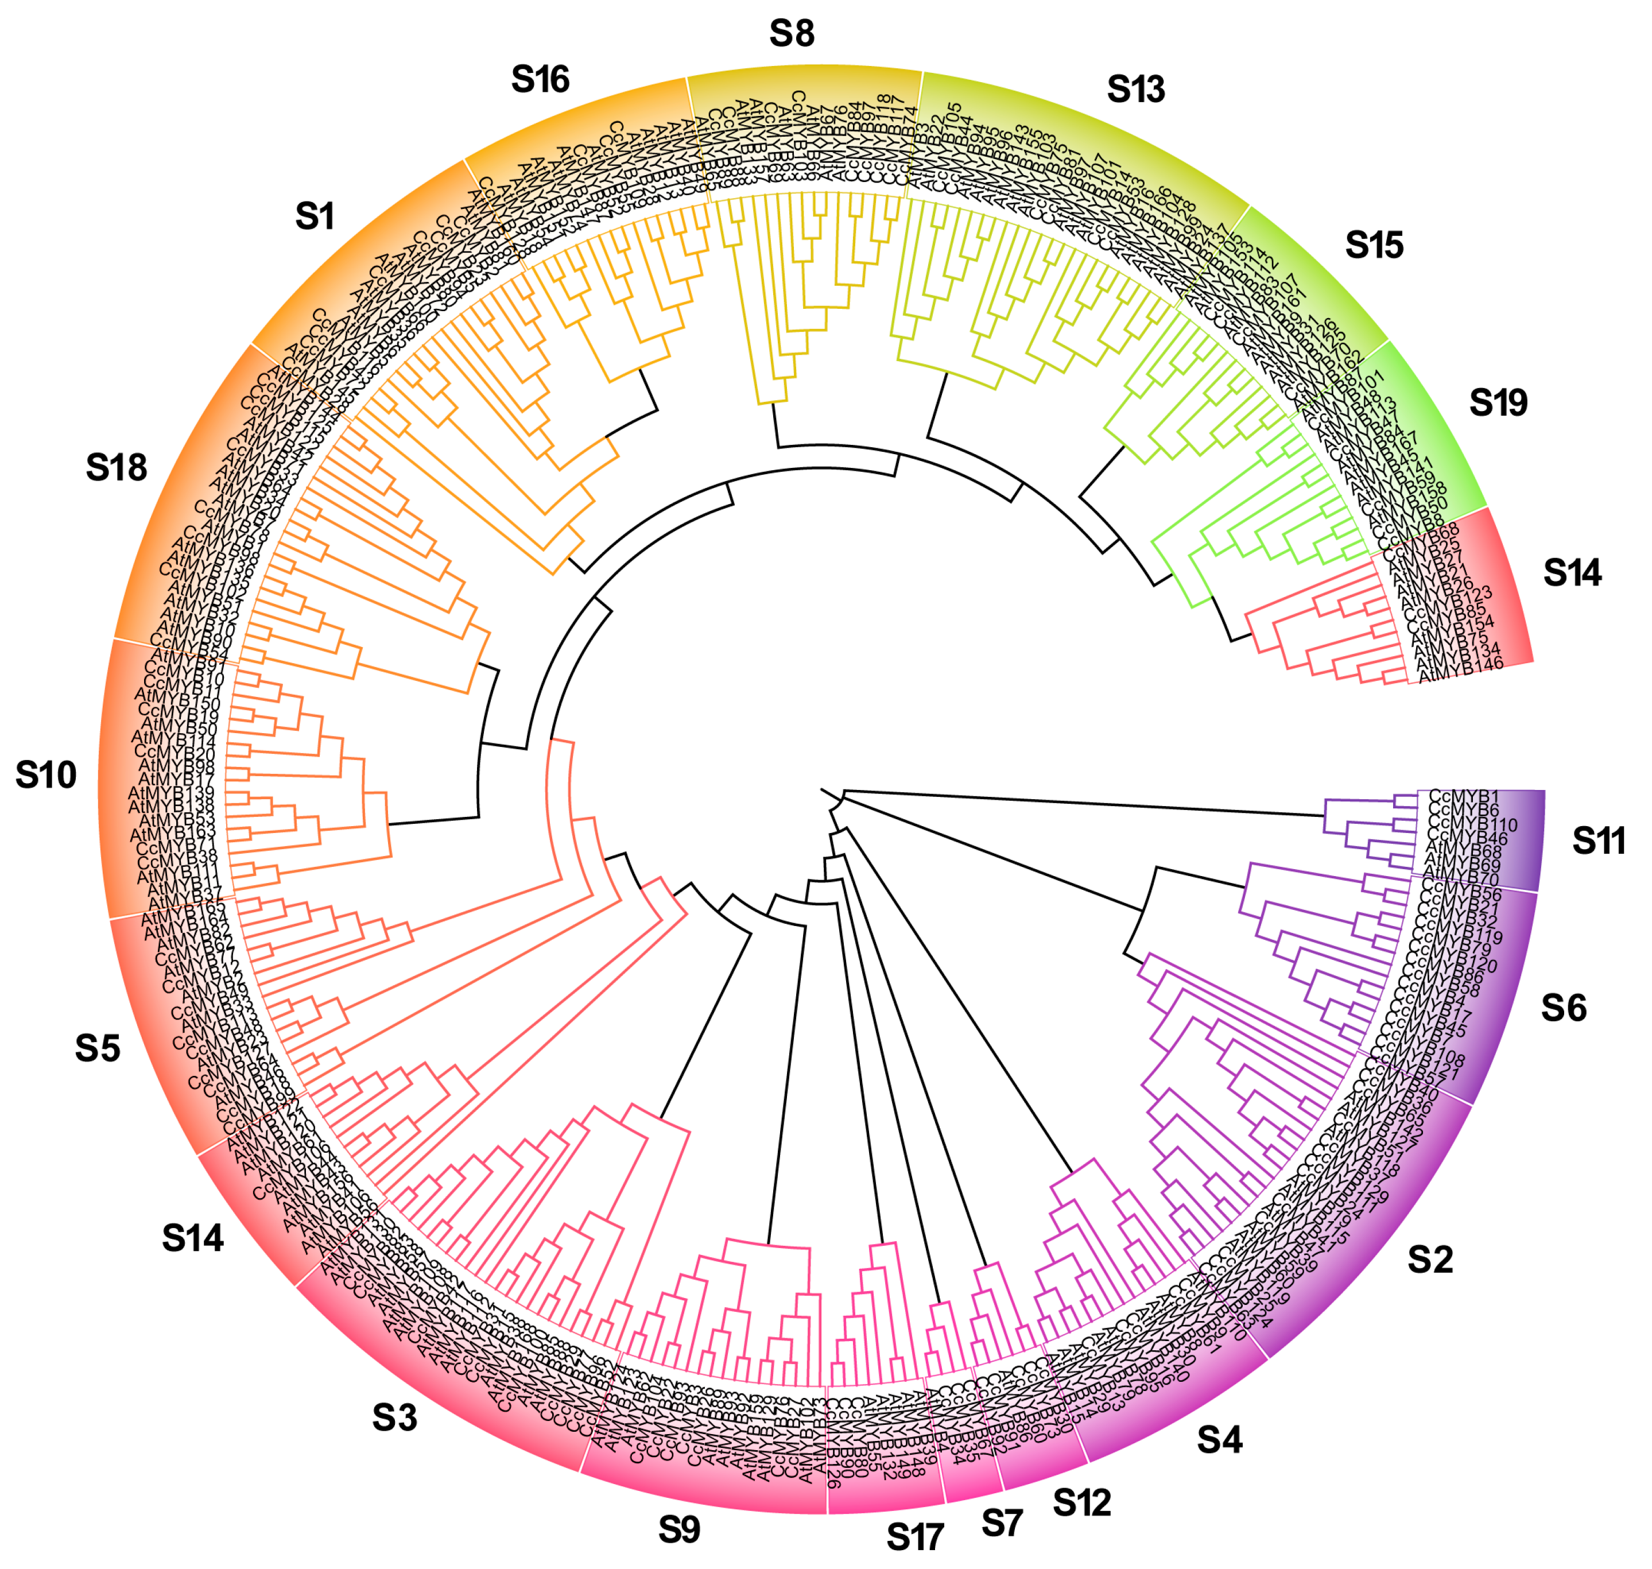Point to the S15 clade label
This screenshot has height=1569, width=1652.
click(1374, 246)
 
